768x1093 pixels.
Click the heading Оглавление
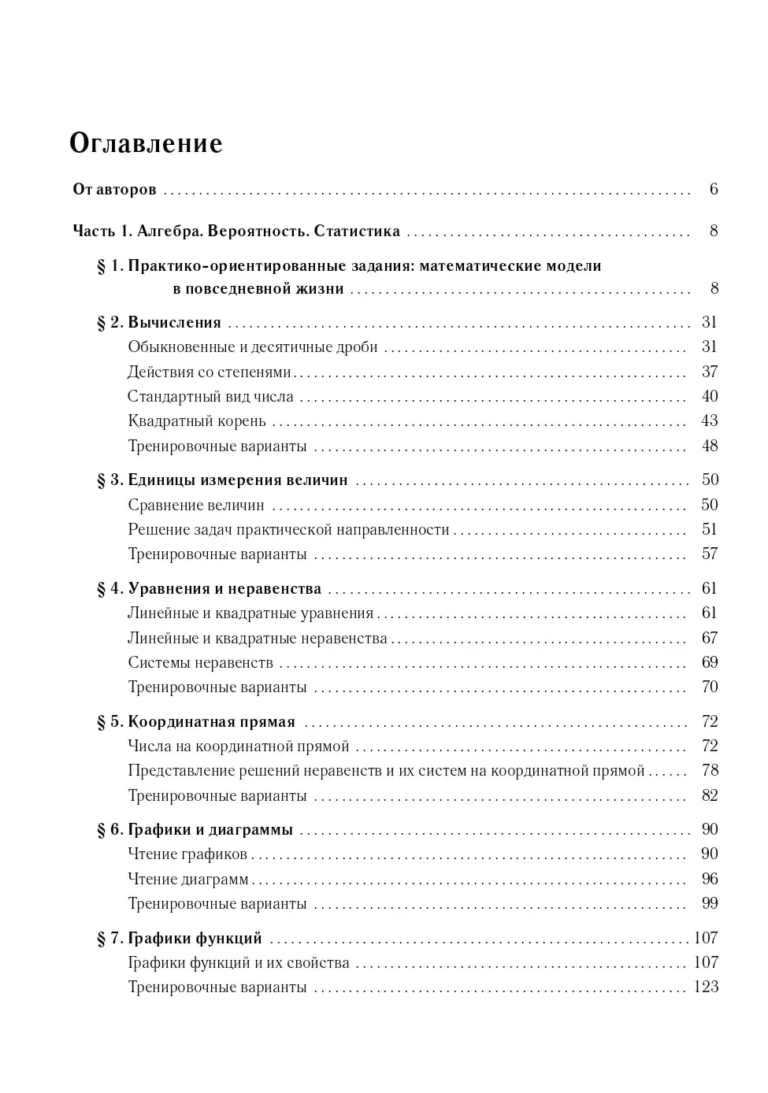(146, 143)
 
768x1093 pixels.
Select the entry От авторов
(114, 190)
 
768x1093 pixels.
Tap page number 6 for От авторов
(714, 189)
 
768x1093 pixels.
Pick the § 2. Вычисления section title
(159, 323)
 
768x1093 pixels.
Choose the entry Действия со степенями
(209, 372)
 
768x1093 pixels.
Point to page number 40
(709, 396)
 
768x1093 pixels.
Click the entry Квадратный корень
(197, 421)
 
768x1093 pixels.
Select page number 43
(709, 421)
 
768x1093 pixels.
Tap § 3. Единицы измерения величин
(222, 480)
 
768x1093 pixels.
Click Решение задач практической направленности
(288, 530)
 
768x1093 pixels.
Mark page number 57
(709, 554)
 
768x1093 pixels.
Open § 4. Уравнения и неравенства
(209, 589)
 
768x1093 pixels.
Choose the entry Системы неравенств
(200, 663)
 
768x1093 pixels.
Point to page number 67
(709, 638)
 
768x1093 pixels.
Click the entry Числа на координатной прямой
(238, 747)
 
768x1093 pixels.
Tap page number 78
(709, 770)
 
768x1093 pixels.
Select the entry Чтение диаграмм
(187, 880)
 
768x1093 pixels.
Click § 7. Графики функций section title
(180, 939)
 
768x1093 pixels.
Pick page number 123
(706, 987)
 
